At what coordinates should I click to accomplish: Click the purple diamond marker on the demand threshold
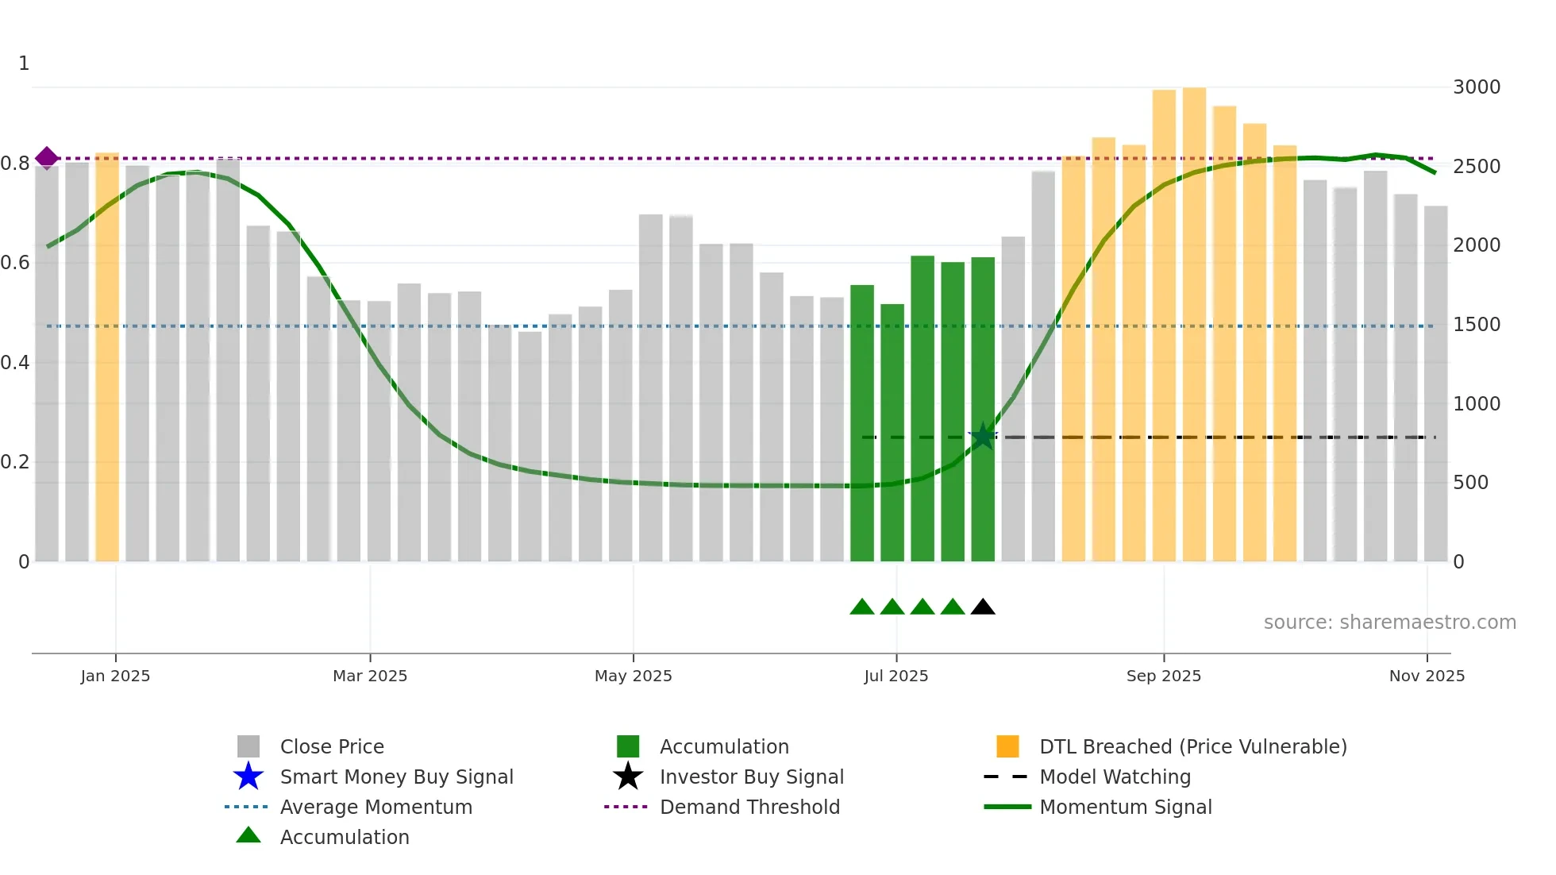point(47,158)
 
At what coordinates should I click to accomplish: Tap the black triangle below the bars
point(983,607)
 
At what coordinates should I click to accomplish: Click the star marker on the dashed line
point(983,436)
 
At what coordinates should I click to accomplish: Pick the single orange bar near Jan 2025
point(107,357)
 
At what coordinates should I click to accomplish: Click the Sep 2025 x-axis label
point(1163,676)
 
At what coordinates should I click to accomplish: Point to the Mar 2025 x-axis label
point(370,676)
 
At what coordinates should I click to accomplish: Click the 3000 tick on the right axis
point(1476,87)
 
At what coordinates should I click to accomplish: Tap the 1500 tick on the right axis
point(1476,325)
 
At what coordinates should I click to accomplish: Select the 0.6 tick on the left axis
point(15,263)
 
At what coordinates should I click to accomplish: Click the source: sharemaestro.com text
point(1389,623)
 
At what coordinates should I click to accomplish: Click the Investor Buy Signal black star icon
point(628,777)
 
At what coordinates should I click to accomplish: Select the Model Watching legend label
point(1115,777)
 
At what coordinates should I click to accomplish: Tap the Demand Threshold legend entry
point(749,807)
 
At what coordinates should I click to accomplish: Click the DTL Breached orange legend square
point(1007,746)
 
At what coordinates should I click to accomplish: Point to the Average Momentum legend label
point(376,807)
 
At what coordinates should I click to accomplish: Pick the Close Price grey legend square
point(248,746)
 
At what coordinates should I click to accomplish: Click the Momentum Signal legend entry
point(1125,807)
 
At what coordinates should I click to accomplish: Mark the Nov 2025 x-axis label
point(1427,676)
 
